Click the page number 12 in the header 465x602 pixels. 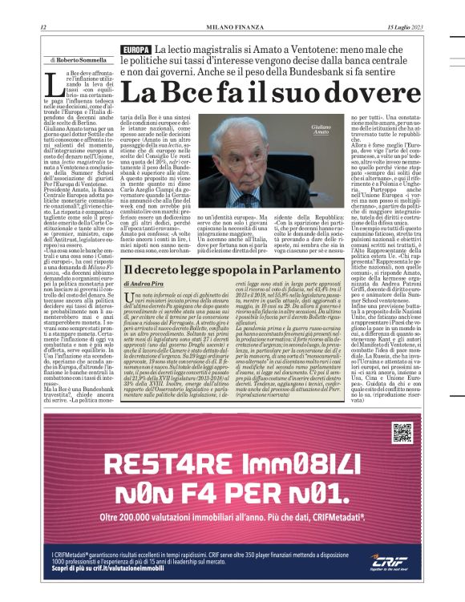pyautogui.click(x=42, y=27)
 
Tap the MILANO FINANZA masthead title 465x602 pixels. pyautogui.click(x=233, y=27)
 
